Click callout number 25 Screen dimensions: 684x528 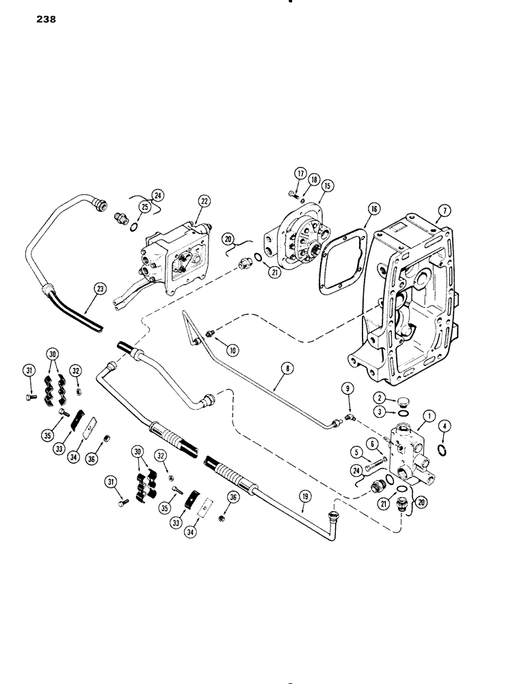tap(146, 206)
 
